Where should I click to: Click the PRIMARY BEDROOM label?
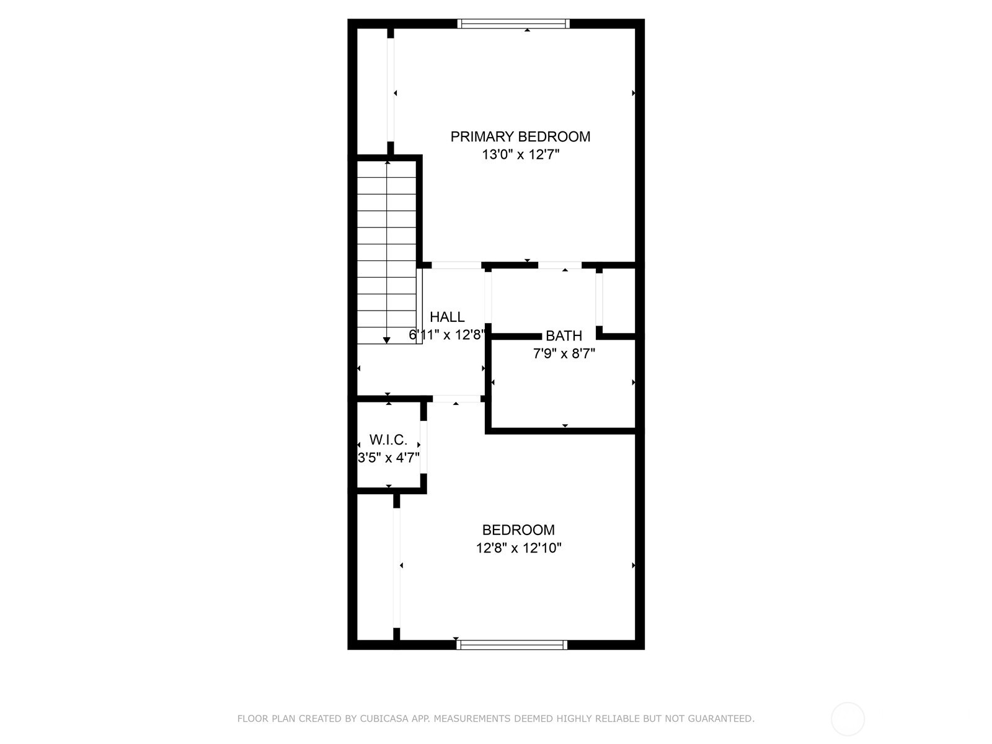tap(520, 136)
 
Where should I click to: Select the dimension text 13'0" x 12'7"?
tap(520, 155)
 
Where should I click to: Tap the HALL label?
tap(447, 317)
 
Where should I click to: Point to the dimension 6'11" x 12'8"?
tap(446, 335)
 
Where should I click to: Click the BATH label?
tap(564, 336)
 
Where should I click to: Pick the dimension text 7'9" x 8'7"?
tap(564, 354)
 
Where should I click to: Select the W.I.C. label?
tap(388, 440)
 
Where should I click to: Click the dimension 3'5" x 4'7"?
tap(389, 458)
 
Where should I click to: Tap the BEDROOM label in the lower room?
tap(518, 530)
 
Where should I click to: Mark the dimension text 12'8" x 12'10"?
tap(518, 548)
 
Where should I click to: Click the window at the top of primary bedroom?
tap(513, 24)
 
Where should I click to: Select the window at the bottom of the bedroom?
tap(511, 645)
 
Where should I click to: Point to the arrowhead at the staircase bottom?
tap(387, 340)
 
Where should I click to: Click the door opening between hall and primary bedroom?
tap(456, 265)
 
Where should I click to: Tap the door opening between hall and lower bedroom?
tap(456, 399)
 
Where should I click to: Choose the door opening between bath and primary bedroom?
tap(559, 265)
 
